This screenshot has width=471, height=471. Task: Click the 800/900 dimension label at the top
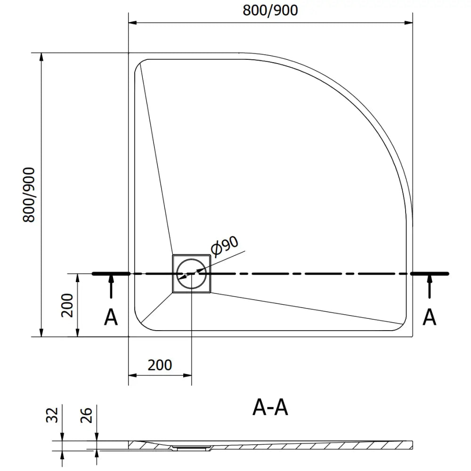270,10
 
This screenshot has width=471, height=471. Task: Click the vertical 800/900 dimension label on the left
29,195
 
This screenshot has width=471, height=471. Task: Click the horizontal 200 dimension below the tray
160,365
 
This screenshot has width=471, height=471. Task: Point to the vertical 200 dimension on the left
68,305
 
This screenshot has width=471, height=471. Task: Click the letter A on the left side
111,318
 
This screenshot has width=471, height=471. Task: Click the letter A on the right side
429,318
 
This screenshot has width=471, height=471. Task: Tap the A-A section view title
270,408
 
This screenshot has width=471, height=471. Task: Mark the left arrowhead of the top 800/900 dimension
133,22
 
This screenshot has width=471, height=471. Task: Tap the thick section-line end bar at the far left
111,274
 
